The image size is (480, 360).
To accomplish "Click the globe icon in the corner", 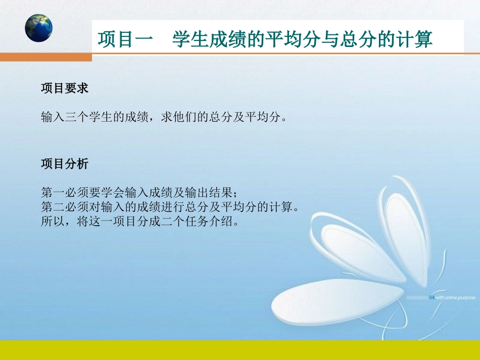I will pyautogui.click(x=39, y=28).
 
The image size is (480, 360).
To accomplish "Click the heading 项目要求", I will pyautogui.click(x=65, y=88).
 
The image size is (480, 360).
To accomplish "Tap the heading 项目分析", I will pyautogui.click(x=65, y=164).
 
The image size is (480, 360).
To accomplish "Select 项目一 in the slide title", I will pyautogui.click(x=124, y=39).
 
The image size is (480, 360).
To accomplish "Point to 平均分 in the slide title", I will pyautogui.click(x=294, y=39).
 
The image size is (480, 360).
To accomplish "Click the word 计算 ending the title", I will pyautogui.click(x=414, y=39).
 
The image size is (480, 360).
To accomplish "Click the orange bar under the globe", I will pyautogui.click(x=45, y=57).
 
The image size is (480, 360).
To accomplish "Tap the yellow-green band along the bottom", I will pyautogui.click(x=240, y=349).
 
